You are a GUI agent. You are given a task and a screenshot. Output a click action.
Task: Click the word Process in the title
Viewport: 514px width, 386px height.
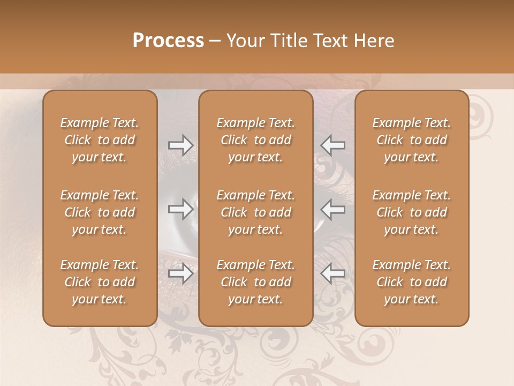(x=168, y=41)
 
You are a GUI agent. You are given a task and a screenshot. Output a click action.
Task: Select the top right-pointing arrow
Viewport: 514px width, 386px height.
(x=180, y=145)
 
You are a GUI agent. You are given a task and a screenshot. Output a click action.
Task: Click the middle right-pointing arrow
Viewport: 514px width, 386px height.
(x=180, y=209)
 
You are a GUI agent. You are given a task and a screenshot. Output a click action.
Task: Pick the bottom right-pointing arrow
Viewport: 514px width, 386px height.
(x=180, y=273)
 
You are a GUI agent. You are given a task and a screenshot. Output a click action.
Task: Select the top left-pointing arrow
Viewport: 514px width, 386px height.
(x=333, y=145)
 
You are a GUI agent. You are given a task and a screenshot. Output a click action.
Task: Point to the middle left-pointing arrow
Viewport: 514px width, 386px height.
(x=333, y=209)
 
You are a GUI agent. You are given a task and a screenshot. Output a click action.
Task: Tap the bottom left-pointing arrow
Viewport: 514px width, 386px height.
(x=333, y=273)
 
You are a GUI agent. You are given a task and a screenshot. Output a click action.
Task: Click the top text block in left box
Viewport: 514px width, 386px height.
(x=100, y=140)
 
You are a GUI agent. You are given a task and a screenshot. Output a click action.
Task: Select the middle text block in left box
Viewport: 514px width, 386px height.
(x=100, y=212)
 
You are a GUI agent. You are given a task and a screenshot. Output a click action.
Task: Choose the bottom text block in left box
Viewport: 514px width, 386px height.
(x=100, y=282)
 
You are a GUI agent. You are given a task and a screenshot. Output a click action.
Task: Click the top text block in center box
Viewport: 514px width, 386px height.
(x=256, y=140)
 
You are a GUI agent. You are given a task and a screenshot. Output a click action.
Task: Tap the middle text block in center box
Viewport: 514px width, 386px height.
(x=256, y=212)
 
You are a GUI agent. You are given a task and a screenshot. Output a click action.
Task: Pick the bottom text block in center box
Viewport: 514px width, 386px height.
(x=256, y=282)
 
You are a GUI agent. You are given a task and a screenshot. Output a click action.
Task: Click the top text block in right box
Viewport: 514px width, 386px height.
(x=412, y=140)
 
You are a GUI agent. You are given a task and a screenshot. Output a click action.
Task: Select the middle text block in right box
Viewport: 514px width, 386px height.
(x=412, y=212)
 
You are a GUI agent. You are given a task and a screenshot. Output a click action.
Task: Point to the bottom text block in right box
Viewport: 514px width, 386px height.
(x=412, y=282)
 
